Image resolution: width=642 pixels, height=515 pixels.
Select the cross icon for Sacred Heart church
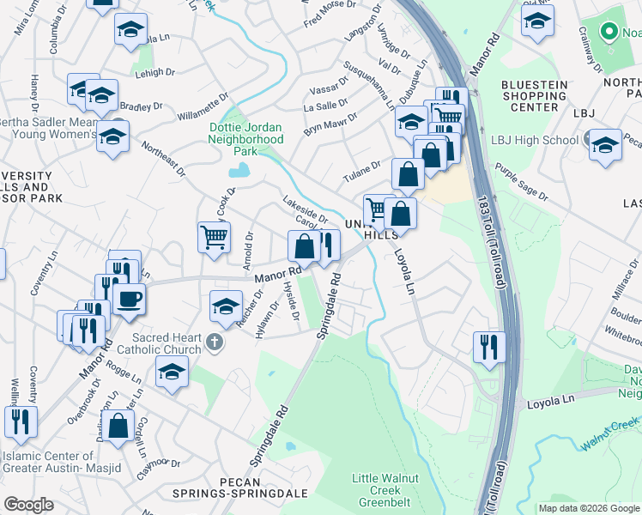(214, 343)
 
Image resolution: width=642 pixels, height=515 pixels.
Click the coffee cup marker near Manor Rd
(129, 299)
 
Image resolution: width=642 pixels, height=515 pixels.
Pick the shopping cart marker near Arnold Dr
(214, 236)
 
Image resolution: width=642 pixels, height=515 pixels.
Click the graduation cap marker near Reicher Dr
(226, 306)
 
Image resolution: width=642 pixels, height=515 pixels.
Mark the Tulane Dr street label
(362, 166)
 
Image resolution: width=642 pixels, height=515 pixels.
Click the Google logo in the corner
(29, 505)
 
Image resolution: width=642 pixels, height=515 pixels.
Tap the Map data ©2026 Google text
(589, 508)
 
